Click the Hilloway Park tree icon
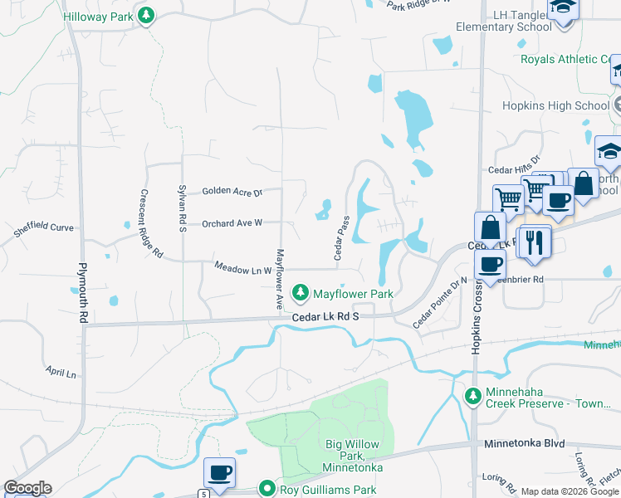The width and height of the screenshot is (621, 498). [x=146, y=17]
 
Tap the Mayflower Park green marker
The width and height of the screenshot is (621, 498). [x=300, y=293]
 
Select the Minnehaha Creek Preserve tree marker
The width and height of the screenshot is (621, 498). [x=473, y=396]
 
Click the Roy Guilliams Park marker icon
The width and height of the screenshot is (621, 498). [x=266, y=489]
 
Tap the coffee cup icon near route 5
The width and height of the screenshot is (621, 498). [x=219, y=473]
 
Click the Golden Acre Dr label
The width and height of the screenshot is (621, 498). [x=232, y=192]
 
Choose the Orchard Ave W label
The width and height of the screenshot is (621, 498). [x=232, y=222]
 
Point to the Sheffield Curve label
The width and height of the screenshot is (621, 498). [x=44, y=228]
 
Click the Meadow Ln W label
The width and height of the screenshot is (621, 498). [x=242, y=268]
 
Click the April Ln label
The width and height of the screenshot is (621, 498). [x=61, y=373]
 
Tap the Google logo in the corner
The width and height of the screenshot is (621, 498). [x=27, y=488]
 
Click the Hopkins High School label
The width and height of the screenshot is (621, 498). [x=555, y=106]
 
